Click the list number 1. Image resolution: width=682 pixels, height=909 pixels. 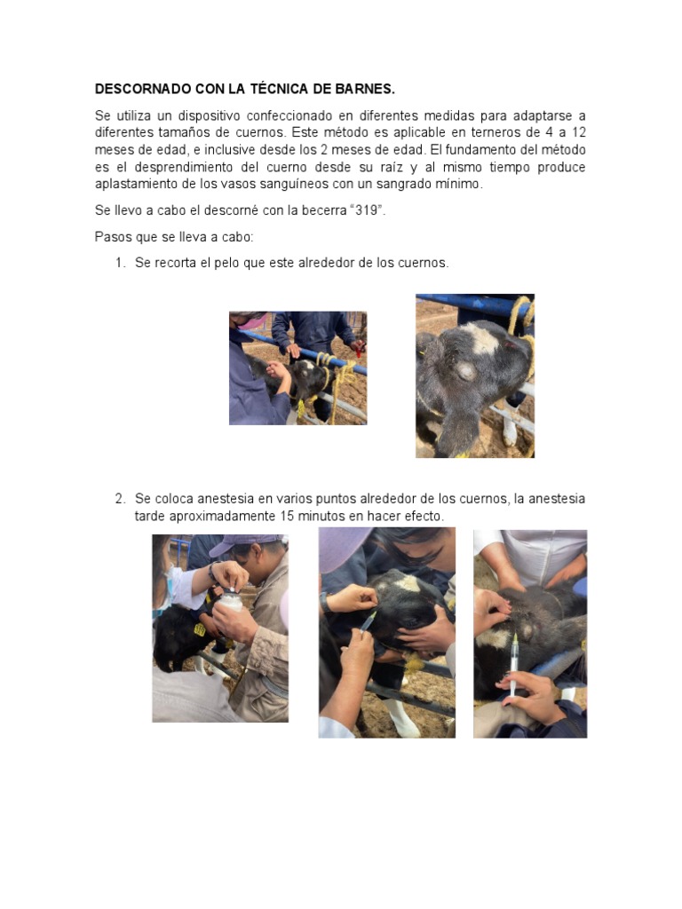pos(120,263)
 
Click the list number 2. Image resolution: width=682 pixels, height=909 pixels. pos(120,499)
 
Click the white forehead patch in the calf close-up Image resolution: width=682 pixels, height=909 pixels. pos(484,336)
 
